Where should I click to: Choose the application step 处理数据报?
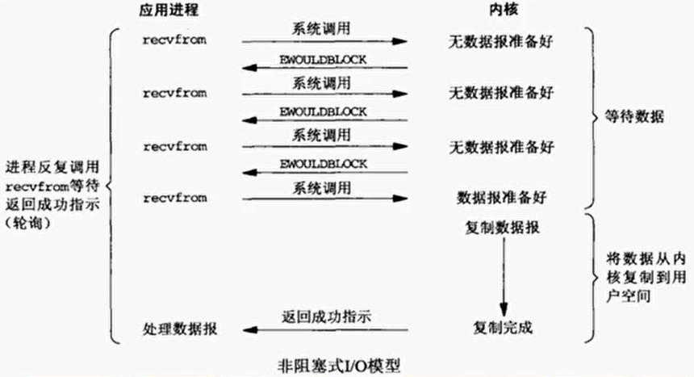pyautogui.click(x=181, y=329)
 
